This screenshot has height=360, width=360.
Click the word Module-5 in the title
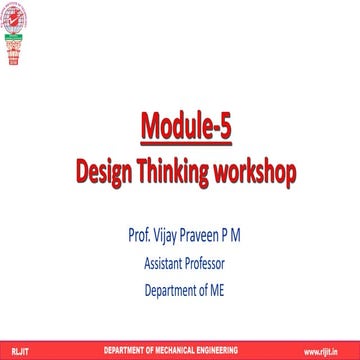coord(180,128)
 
